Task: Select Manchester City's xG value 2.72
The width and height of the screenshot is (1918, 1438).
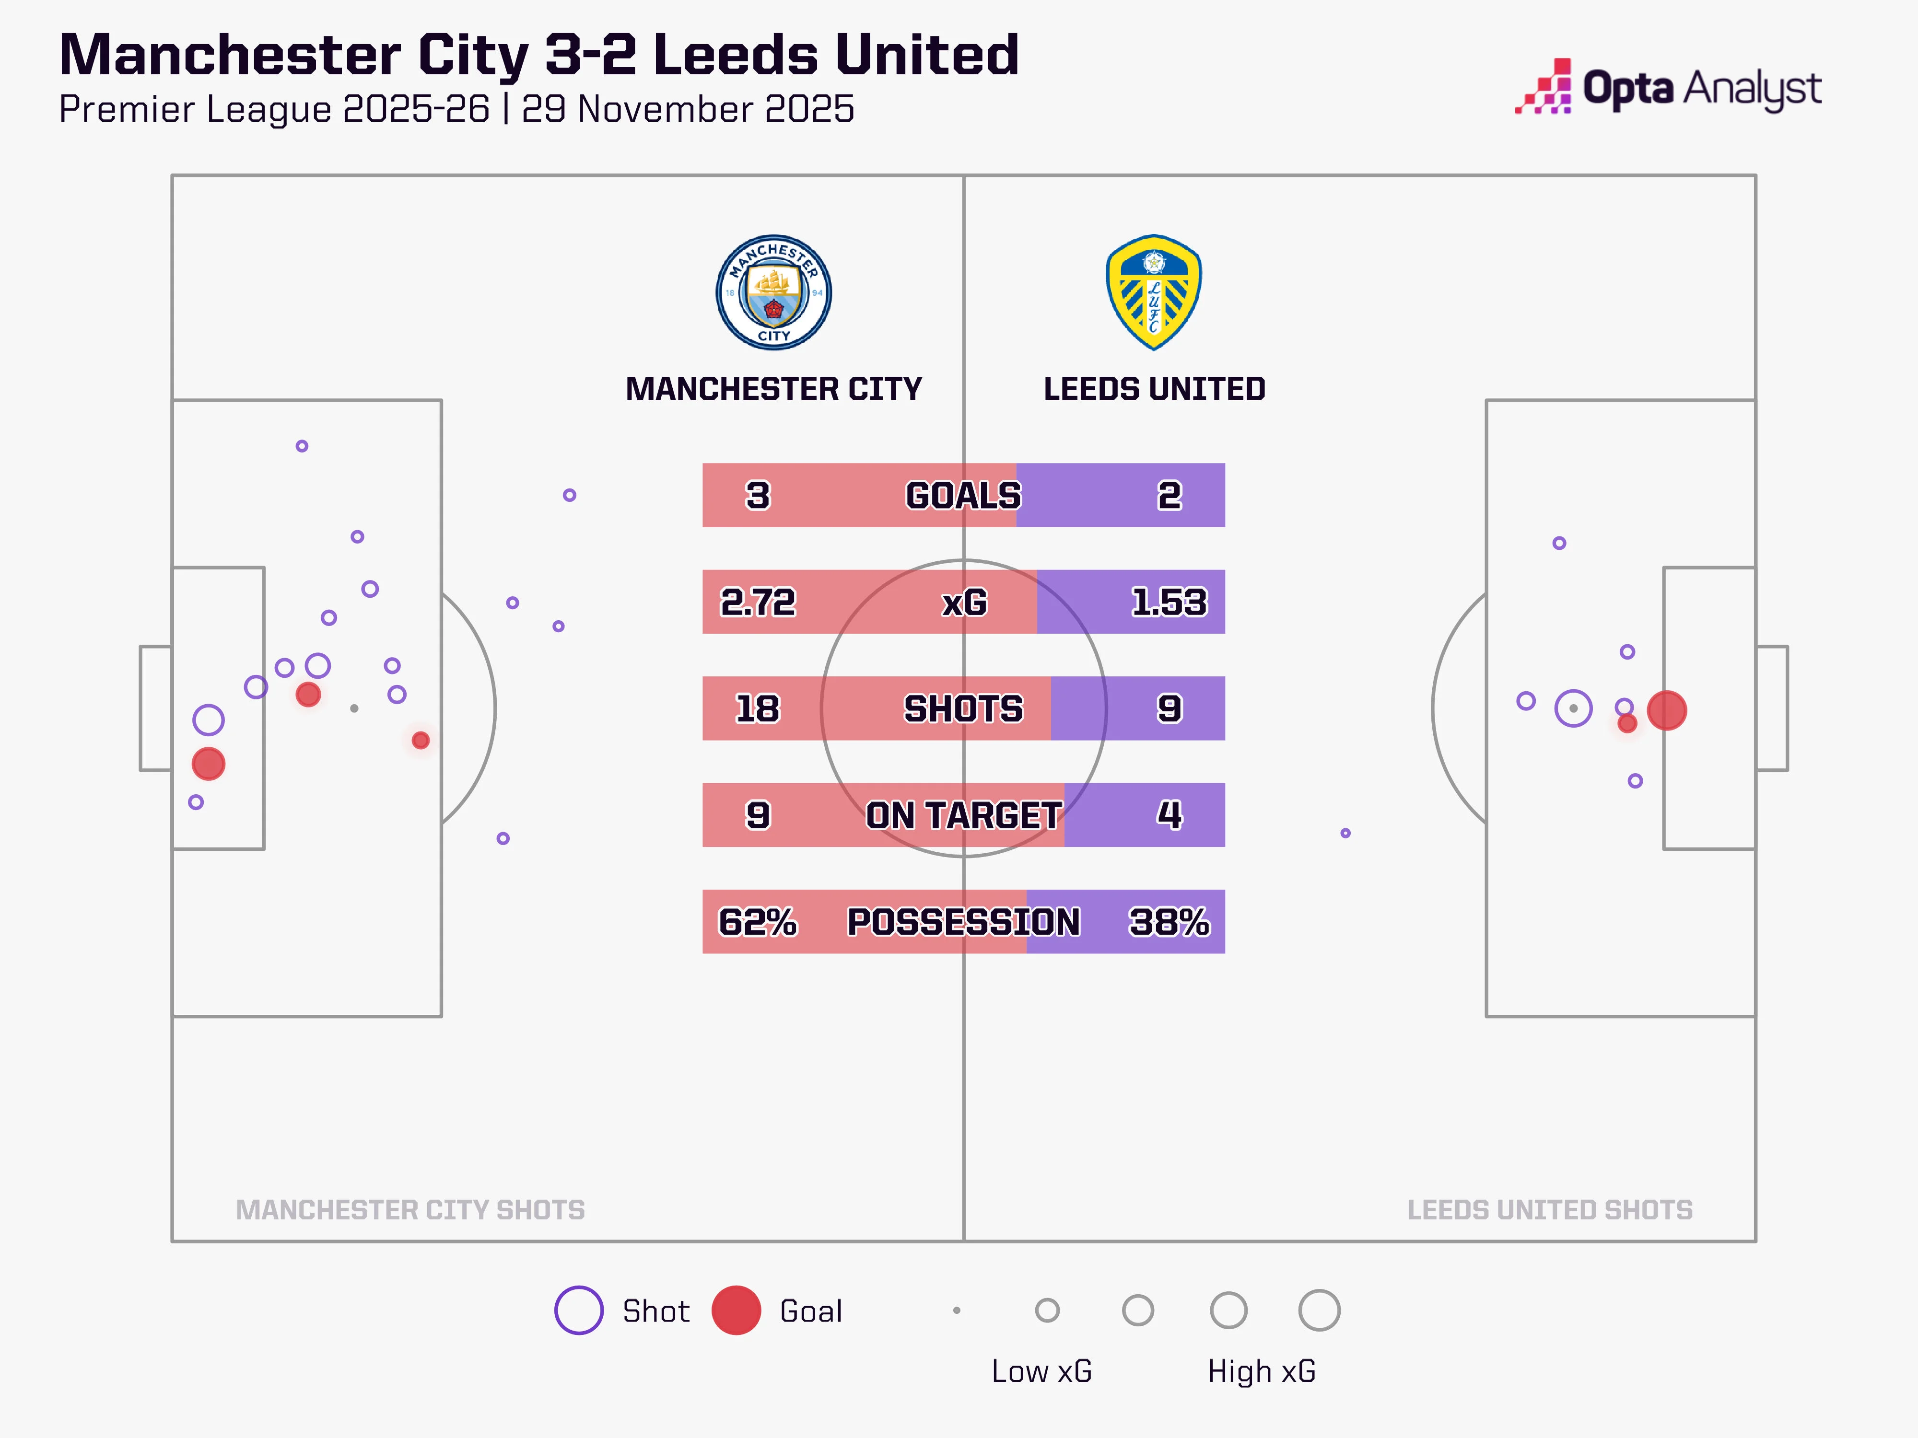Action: (x=757, y=602)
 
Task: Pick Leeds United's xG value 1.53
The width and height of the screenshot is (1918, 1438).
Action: (x=1169, y=602)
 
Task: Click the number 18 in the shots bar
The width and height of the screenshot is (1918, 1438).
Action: (x=757, y=708)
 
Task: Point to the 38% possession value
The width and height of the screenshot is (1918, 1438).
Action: (x=1169, y=921)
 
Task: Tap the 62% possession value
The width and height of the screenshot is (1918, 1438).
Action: (x=757, y=921)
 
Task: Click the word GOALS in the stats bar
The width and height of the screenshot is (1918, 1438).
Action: (x=963, y=495)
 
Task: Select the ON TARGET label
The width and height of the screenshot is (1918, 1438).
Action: (x=963, y=815)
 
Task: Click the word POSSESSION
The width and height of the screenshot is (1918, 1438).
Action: (x=963, y=921)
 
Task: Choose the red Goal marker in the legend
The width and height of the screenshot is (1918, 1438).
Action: (x=736, y=1310)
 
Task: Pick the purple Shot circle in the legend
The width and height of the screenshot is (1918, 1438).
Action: (x=578, y=1310)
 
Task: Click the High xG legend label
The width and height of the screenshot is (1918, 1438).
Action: (x=1262, y=1371)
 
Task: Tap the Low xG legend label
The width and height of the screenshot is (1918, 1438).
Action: (x=1041, y=1371)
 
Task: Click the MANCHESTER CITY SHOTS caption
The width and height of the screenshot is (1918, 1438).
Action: (x=410, y=1209)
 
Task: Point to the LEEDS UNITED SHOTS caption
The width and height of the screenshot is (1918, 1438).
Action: (x=1549, y=1209)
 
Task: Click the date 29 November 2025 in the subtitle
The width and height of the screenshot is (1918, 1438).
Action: (x=688, y=109)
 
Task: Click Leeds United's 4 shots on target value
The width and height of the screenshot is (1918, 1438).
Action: (x=1169, y=815)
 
